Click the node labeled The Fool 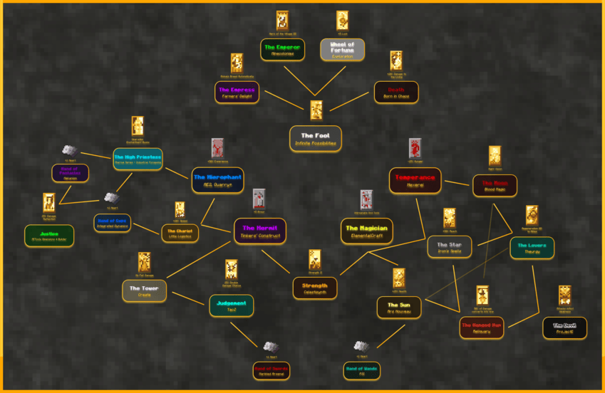click(315, 138)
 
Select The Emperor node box click(282, 49)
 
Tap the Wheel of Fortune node click(342, 49)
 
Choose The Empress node click(237, 93)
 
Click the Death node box click(396, 93)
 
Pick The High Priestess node click(138, 159)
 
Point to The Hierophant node click(217, 179)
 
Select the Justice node click(49, 236)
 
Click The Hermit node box click(259, 231)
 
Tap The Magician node click(366, 231)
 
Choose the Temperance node click(415, 180)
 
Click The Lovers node click(532, 248)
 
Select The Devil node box click(564, 327)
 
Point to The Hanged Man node click(482, 327)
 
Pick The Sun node click(399, 308)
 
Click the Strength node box click(315, 288)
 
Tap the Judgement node click(231, 305)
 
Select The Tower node click(145, 290)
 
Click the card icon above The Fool click(316, 110)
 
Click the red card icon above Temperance click(415, 149)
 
